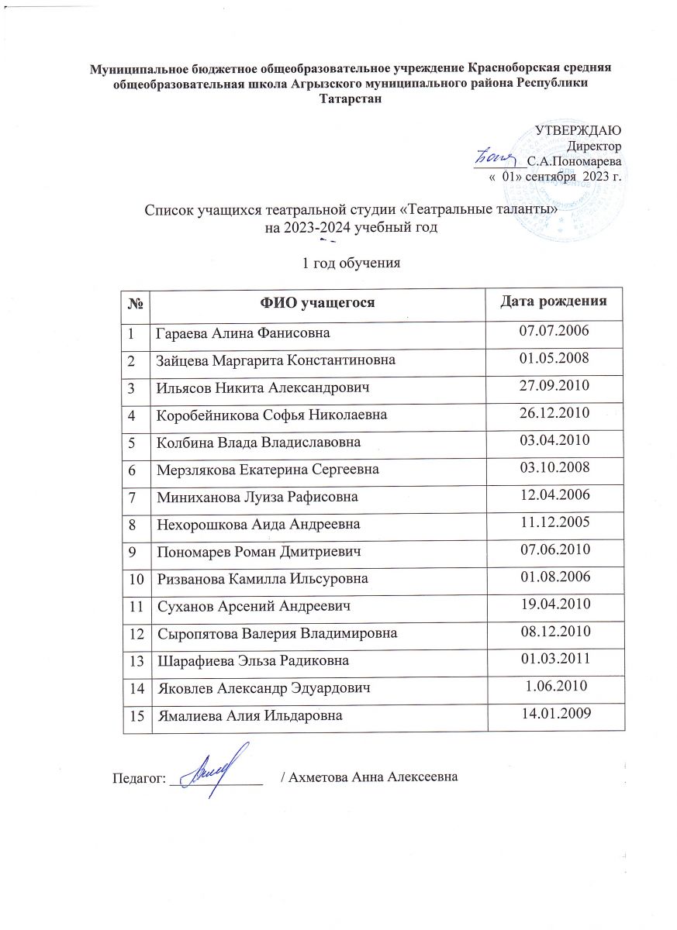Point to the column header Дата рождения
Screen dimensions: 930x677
(x=551, y=300)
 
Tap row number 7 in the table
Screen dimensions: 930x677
(x=133, y=496)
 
